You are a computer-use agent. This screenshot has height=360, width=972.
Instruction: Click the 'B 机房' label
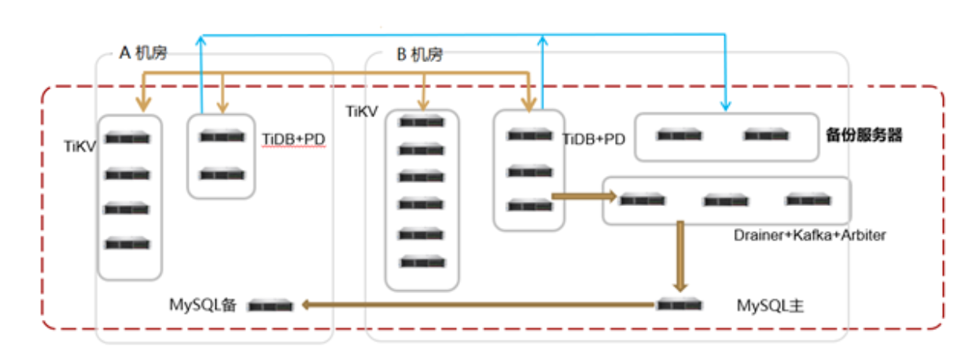(418, 54)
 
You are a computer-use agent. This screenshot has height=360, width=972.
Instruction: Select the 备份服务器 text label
(863, 135)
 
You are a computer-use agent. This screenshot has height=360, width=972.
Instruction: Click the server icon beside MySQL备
(271, 305)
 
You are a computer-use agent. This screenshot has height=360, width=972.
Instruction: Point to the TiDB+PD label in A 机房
(293, 140)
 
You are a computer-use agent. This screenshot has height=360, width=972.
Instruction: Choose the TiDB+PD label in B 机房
(595, 139)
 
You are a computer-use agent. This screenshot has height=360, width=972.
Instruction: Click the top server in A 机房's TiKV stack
(128, 138)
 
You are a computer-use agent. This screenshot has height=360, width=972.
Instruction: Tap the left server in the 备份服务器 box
(679, 135)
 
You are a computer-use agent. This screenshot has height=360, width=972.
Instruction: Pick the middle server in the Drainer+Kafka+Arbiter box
(726, 200)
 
